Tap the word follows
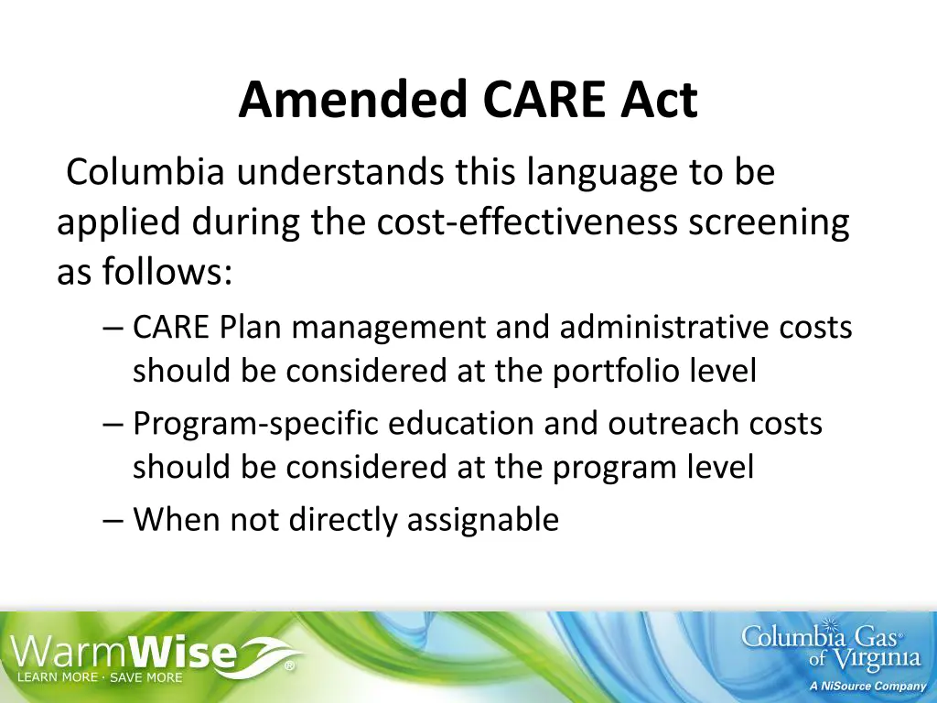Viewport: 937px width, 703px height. tap(166, 272)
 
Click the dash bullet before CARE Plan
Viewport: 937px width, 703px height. tap(114, 328)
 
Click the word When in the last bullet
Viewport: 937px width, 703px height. tap(177, 520)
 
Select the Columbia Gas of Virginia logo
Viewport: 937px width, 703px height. tap(831, 646)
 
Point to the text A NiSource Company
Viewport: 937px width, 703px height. tap(867, 686)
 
